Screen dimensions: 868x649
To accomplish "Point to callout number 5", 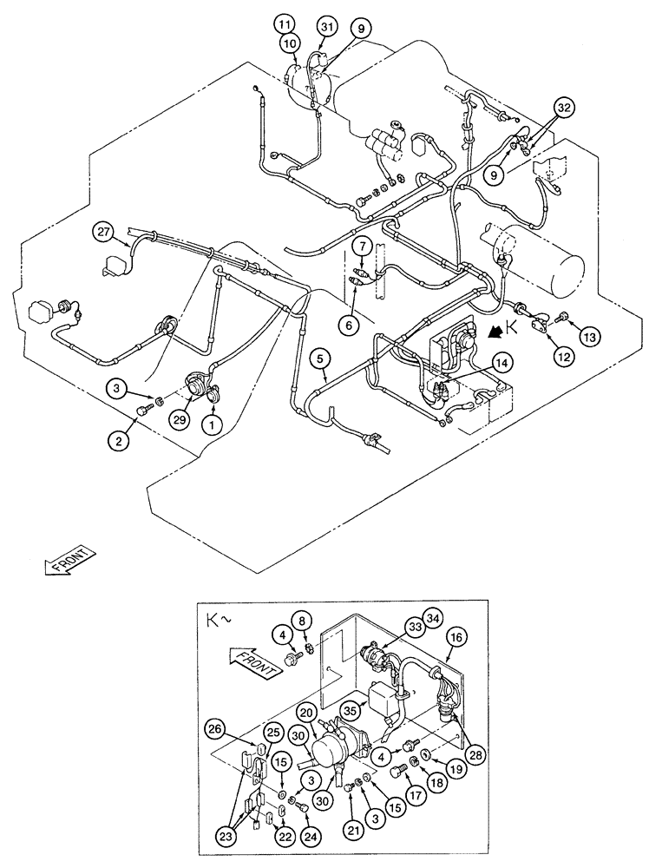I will [320, 357].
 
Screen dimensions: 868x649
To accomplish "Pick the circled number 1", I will [210, 425].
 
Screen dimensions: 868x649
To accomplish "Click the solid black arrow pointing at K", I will [496, 331].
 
